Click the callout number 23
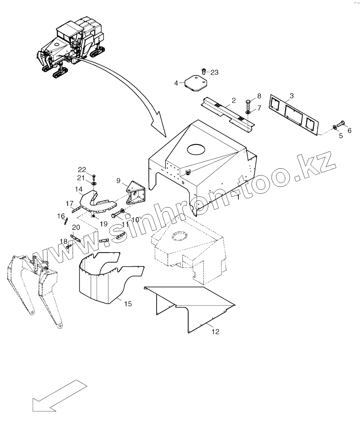pos(214,72)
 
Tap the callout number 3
pos(291,96)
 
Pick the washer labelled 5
pos(334,128)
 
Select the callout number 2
pos(234,101)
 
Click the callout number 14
pos(78,189)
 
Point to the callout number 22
pos(82,169)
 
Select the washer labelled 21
pos(94,184)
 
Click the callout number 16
pos(61,216)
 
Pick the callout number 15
pos(128,304)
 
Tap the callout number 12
pos(215,332)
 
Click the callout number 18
pos(63,241)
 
